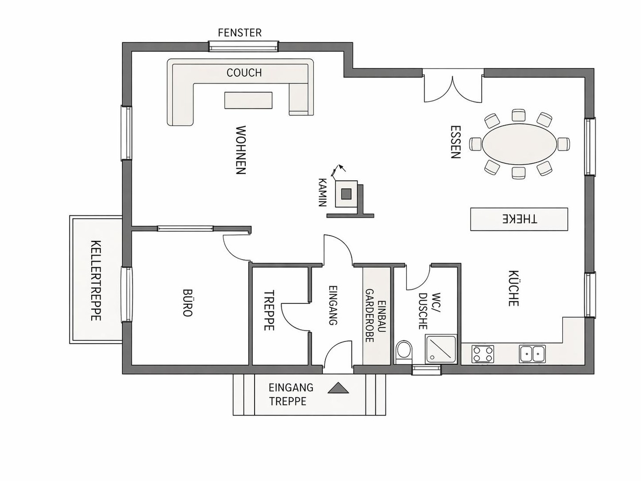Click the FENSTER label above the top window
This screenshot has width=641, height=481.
click(x=240, y=33)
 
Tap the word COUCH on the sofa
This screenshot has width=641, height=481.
click(x=244, y=73)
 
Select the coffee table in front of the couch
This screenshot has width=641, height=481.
click(x=248, y=101)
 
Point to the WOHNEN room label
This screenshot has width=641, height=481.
click(x=241, y=150)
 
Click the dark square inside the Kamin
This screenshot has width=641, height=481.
click(x=346, y=194)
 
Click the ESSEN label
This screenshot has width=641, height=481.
click(x=455, y=142)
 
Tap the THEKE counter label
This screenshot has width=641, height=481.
click(x=519, y=219)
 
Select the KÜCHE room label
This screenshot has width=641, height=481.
click(x=513, y=288)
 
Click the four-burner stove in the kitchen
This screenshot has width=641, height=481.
click(x=483, y=354)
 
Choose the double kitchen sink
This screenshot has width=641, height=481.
click(x=532, y=354)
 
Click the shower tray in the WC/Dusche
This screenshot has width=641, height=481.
click(x=441, y=349)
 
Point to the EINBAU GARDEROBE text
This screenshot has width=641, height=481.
click(x=376, y=316)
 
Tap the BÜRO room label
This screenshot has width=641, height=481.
click(x=187, y=303)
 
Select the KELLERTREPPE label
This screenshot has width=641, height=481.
click(x=96, y=281)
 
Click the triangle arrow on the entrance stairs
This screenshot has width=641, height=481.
click(x=338, y=388)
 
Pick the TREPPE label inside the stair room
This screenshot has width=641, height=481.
click(x=269, y=310)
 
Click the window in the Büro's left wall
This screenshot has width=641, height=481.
click(x=127, y=295)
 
